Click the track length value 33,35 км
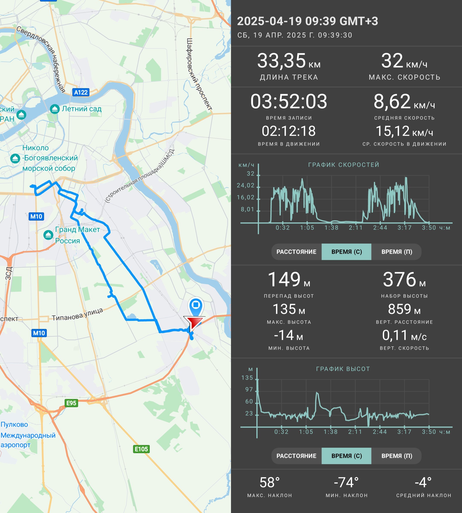(x=289, y=61)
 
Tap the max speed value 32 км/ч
(x=404, y=61)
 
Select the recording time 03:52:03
(x=289, y=102)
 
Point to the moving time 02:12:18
(x=289, y=131)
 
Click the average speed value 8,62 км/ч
(x=404, y=102)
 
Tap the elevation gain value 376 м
(x=404, y=279)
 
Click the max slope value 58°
(x=269, y=482)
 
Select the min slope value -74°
(x=346, y=482)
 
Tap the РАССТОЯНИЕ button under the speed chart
(x=296, y=252)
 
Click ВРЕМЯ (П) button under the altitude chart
(x=397, y=456)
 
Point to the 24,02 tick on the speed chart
(x=246, y=186)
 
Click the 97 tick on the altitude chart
(x=249, y=389)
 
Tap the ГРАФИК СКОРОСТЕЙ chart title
(x=344, y=165)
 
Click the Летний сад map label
(x=81, y=109)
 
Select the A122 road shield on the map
(x=81, y=92)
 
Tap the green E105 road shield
(x=141, y=449)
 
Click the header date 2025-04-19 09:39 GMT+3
(x=308, y=21)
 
